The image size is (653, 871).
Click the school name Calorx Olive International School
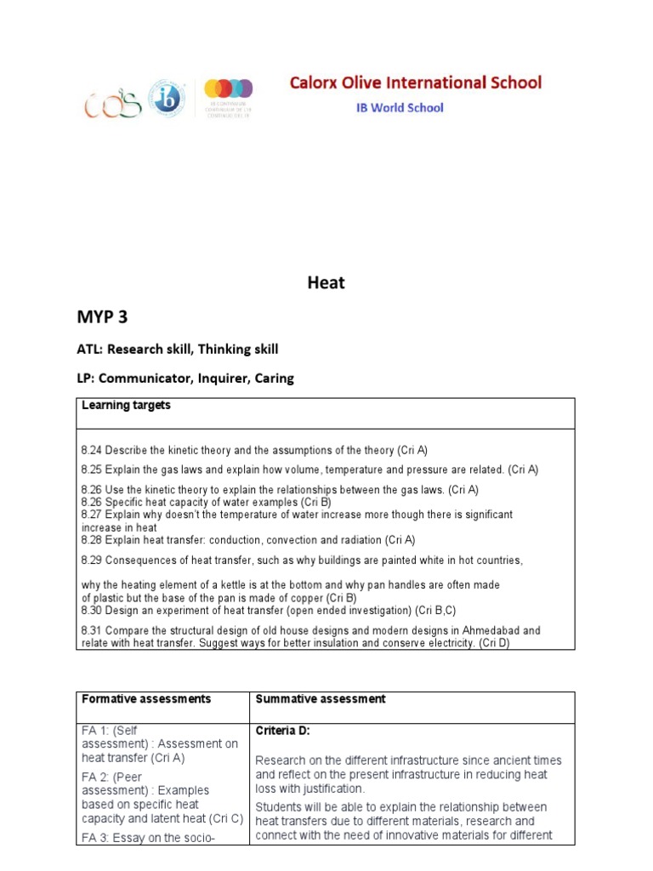tap(415, 83)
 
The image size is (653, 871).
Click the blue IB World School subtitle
tap(399, 108)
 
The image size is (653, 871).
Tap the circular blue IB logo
tap(167, 99)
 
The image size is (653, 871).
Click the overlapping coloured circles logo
tap(229, 89)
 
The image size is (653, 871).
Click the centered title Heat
tap(326, 283)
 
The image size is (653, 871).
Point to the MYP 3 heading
tap(106, 317)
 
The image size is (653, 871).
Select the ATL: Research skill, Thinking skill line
tap(179, 349)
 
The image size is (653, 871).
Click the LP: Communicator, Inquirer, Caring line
tap(185, 379)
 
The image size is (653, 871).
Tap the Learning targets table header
tap(126, 406)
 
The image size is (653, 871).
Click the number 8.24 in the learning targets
tap(92, 450)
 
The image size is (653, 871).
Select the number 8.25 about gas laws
tap(92, 470)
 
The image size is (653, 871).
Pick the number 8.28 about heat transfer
tap(92, 540)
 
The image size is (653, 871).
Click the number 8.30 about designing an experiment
tap(92, 611)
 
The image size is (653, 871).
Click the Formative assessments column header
tap(146, 699)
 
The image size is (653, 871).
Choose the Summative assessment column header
tap(321, 699)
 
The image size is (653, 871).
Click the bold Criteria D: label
tap(286, 731)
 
